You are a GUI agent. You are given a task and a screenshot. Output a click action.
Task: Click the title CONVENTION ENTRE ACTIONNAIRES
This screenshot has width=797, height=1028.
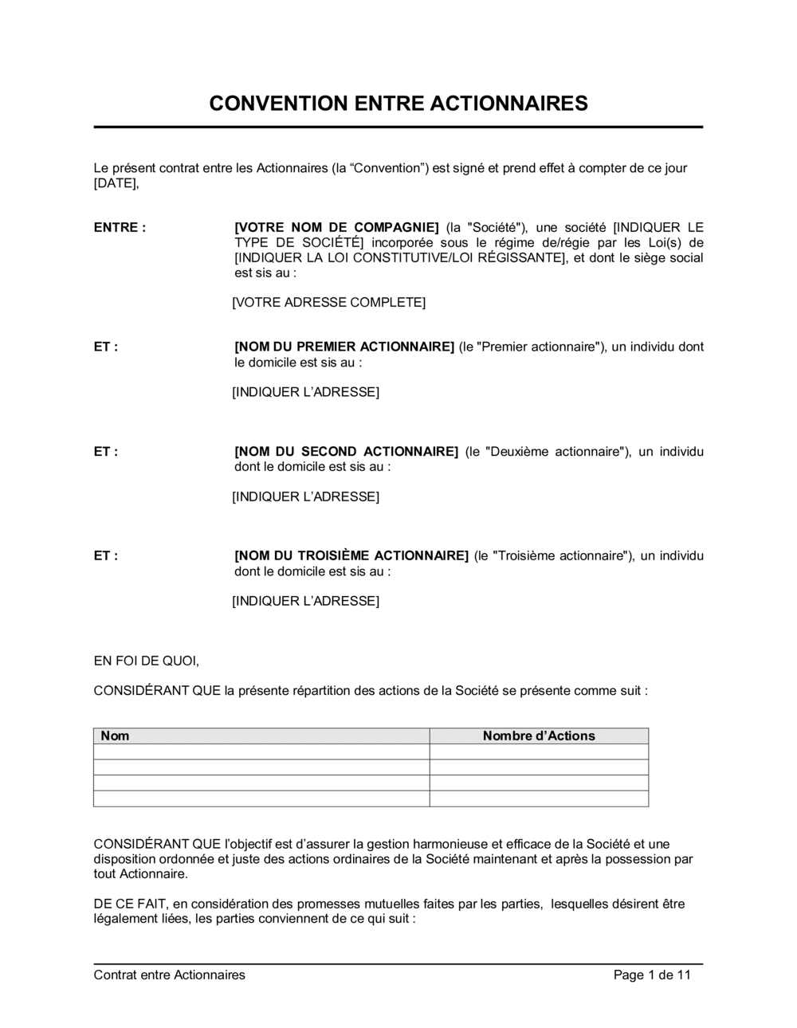point(398,104)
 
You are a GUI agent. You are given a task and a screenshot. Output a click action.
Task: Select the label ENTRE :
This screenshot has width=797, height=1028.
point(120,228)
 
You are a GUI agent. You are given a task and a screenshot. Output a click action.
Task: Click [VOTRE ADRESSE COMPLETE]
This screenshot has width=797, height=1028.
point(328,303)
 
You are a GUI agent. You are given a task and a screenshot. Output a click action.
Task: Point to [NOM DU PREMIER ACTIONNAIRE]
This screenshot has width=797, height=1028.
point(344,347)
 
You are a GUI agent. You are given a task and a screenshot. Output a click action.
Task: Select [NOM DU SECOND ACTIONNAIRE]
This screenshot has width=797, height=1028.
point(346,452)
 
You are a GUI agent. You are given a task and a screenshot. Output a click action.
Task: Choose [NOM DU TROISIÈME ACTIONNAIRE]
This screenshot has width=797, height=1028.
point(351,556)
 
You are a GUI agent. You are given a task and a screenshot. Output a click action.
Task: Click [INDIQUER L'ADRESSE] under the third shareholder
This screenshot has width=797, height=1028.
point(305,602)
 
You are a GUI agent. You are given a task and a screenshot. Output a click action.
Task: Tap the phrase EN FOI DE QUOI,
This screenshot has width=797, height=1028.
point(146,661)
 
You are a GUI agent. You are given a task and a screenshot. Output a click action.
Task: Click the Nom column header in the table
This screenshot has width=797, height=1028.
point(115,736)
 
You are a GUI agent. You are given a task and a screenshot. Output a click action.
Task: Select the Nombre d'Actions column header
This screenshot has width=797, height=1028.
point(539,736)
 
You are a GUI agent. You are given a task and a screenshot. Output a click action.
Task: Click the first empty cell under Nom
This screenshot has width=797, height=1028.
point(261,752)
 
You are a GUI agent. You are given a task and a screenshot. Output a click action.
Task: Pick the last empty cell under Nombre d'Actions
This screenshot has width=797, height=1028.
point(539,798)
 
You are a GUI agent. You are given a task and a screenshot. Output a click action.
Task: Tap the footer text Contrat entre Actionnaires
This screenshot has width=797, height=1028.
point(169,975)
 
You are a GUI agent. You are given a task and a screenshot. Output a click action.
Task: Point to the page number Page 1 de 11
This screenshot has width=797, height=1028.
point(652,975)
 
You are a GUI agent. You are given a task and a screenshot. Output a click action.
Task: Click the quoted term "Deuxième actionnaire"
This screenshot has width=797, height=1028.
point(553,452)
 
